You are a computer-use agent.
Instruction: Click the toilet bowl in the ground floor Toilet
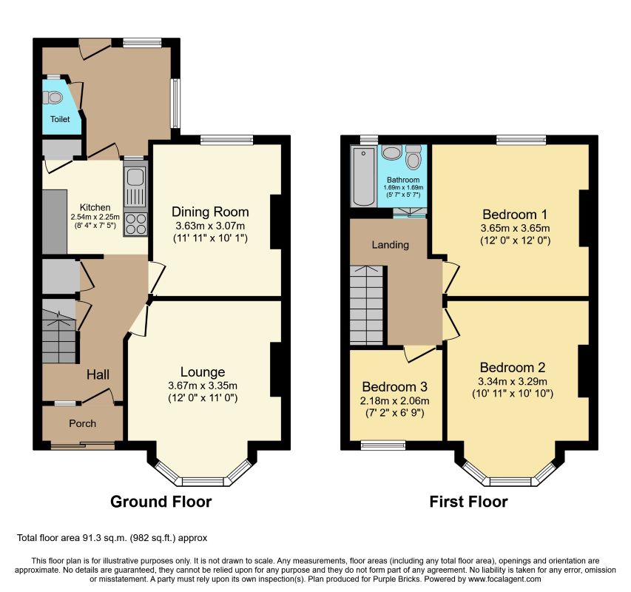[53, 98]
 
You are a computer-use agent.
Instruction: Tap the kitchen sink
[135, 187]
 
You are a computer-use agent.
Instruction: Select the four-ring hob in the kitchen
[135, 223]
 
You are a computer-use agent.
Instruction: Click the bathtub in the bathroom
[363, 176]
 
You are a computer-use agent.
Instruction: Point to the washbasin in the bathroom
[391, 152]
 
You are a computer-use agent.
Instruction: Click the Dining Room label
[210, 212]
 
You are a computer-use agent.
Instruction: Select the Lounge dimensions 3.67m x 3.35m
[203, 386]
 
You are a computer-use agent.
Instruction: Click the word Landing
[391, 245]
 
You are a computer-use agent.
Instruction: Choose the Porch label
[83, 423]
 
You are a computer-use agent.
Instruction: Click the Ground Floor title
[161, 502]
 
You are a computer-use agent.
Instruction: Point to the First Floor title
[468, 502]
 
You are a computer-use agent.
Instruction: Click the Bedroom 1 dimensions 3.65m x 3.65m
[515, 228]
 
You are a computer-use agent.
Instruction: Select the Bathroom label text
[403, 180]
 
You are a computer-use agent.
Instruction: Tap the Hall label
[98, 374]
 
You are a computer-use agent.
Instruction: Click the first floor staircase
[366, 305]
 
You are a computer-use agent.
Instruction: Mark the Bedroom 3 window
[383, 445]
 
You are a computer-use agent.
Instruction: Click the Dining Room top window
[227, 140]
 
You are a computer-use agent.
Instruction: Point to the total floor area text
[112, 538]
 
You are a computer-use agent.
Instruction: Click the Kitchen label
[95, 207]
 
